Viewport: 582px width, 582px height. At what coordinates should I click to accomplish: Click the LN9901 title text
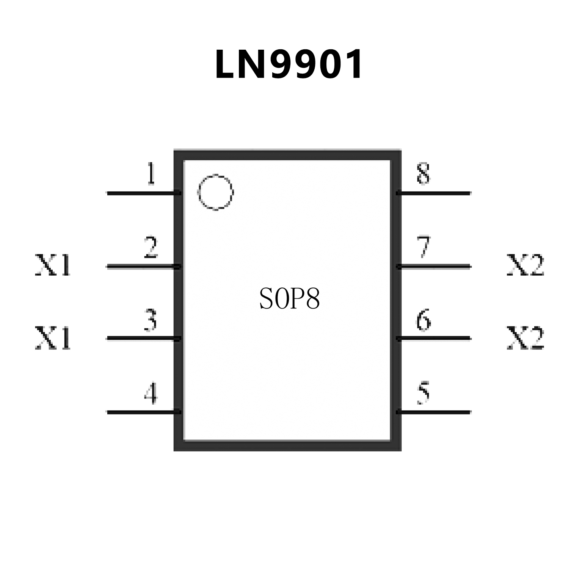pos(289,64)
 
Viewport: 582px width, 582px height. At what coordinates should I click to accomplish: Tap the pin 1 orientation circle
pos(215,192)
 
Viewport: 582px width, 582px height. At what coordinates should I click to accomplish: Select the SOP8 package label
pos(290,299)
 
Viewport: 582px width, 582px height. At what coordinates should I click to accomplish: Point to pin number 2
pos(151,247)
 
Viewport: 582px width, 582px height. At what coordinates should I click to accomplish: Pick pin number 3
pos(151,320)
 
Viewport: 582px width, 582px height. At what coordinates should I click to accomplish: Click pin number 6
pos(424,320)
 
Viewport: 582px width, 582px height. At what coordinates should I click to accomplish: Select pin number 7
pos(424,247)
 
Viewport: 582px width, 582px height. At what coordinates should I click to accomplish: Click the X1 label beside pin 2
pos(53,265)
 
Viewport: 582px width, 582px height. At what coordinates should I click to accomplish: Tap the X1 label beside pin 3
pos(53,338)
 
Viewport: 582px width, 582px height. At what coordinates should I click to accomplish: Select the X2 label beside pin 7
pos(526,265)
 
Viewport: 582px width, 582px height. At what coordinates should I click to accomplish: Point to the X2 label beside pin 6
pos(526,338)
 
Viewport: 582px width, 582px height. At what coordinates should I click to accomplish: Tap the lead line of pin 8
pos(434,193)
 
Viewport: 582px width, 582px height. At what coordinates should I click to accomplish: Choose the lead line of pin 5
pos(434,412)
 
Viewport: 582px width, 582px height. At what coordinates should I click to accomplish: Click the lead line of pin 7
pos(434,267)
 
